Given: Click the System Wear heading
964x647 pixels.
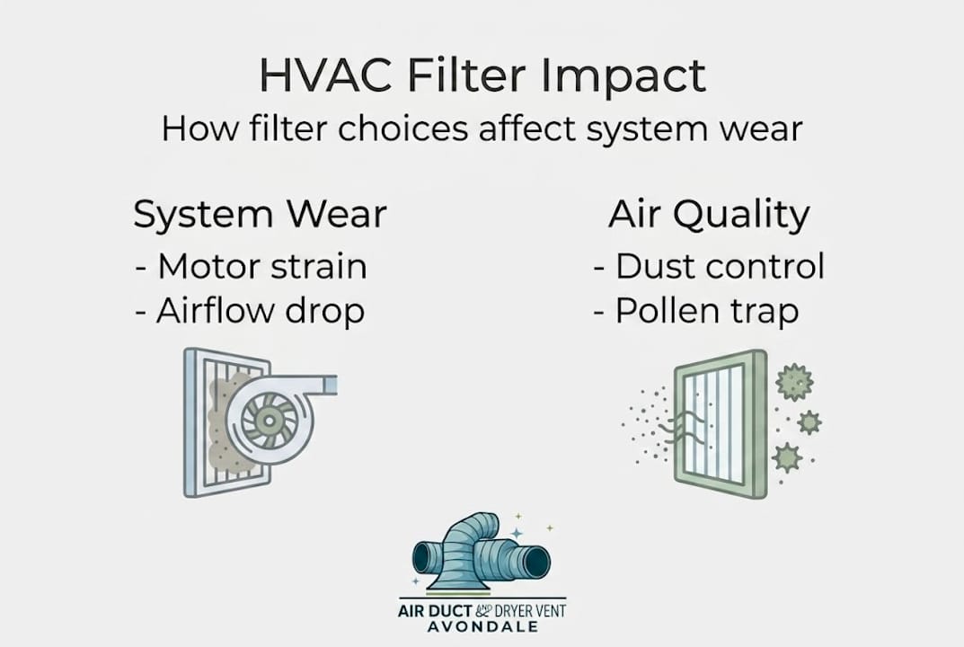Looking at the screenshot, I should [260, 215].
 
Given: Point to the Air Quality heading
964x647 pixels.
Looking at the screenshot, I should [709, 215].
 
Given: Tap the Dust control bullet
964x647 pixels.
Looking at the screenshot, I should [709, 266].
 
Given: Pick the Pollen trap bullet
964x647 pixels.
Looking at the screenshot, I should [696, 310].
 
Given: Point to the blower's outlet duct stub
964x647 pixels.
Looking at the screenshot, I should [324, 385].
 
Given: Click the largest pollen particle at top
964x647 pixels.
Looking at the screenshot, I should [794, 382].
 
